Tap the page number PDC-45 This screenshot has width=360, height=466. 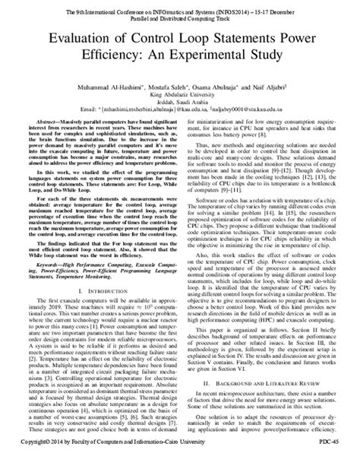(x=339, y=460)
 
